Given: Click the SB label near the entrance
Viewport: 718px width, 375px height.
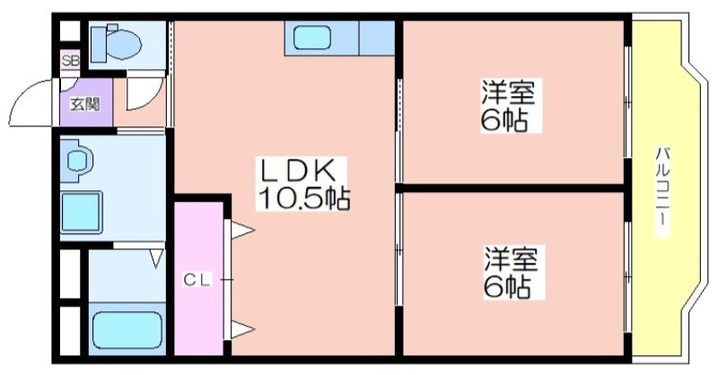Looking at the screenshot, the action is (71, 61).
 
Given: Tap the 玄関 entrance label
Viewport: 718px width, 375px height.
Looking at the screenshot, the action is (85, 104).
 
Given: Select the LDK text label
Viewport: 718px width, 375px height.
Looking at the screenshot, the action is (298, 170).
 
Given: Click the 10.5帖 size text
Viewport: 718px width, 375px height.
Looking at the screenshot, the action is (304, 198).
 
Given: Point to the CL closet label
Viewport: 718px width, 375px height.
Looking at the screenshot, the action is (197, 280).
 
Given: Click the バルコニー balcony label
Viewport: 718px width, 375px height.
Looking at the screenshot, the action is (662, 192).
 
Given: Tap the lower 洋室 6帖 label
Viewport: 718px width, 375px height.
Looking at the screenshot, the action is (512, 273).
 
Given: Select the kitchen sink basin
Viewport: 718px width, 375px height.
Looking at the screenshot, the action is (311, 38).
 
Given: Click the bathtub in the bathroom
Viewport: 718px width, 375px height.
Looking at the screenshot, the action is (127, 330).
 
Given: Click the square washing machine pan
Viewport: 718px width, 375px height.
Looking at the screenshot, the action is (81, 213).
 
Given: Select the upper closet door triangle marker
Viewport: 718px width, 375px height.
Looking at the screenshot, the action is (241, 230).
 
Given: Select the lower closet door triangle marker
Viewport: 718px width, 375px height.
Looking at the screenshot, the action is (241, 329).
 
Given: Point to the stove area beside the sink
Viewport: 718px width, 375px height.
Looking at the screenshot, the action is (376, 38).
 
